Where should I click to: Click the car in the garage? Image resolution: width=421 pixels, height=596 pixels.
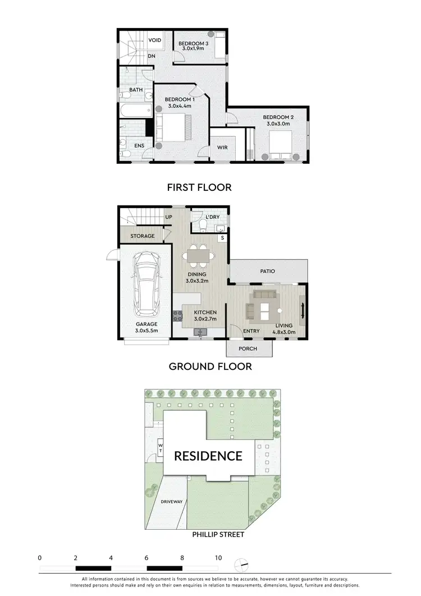(147, 286)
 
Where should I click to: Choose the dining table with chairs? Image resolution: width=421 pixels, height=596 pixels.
(198, 256)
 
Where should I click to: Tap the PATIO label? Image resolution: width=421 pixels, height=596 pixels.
(267, 271)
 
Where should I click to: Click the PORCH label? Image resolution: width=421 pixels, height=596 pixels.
(248, 349)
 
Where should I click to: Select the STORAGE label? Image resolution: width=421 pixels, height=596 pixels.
(142, 236)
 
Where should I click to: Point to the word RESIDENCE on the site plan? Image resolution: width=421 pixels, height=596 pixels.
(208, 455)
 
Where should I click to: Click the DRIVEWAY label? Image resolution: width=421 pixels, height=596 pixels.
(171, 501)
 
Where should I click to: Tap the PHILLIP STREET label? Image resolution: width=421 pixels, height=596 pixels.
(218, 534)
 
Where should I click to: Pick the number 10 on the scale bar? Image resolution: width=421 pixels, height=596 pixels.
(218, 558)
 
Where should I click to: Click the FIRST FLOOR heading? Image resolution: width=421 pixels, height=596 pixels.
(199, 187)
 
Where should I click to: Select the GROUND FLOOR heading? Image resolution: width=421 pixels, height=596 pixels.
(210, 366)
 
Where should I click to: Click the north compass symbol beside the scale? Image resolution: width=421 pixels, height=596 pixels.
(242, 563)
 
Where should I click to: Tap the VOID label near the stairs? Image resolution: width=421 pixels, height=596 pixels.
(155, 40)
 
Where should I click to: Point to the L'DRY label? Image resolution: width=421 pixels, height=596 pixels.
(212, 217)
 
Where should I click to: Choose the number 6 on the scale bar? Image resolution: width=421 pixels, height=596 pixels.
(147, 558)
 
